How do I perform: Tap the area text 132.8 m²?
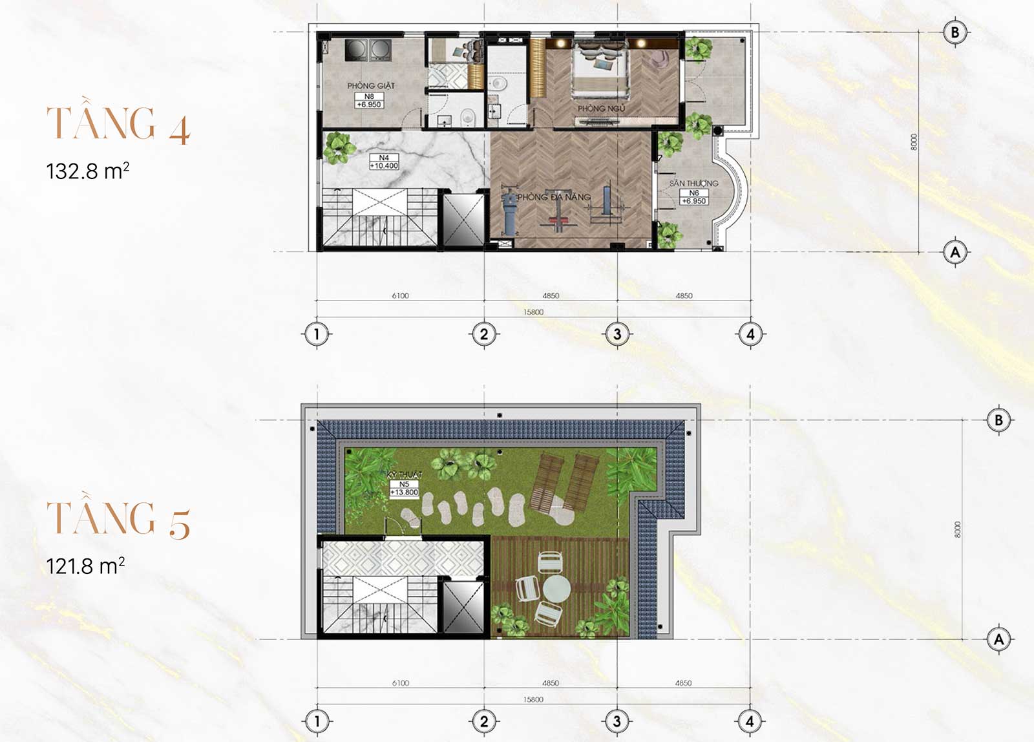88,171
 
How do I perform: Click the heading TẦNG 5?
118,518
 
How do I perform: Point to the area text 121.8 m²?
85,566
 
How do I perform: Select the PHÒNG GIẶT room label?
370,85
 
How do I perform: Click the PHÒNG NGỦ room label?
601,109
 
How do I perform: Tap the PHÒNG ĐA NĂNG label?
554,196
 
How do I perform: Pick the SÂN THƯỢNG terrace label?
693,183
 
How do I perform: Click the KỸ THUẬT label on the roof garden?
404,475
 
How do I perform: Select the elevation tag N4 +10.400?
384,162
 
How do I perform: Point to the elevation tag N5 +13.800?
404,489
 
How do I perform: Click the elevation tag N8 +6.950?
369,100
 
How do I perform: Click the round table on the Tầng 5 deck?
556,589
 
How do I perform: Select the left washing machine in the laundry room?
355,50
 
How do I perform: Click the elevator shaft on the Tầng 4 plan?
463,220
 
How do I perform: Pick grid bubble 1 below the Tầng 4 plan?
317,334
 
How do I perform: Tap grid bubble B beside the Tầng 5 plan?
998,420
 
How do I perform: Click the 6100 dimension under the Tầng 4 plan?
400,295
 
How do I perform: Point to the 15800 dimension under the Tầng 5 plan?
533,699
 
